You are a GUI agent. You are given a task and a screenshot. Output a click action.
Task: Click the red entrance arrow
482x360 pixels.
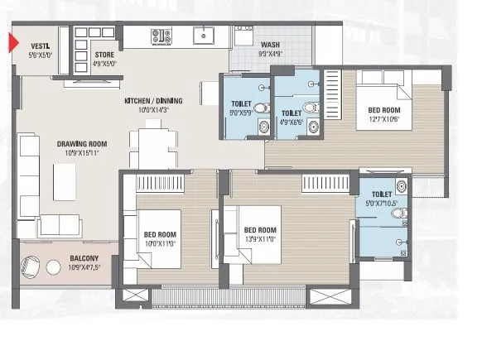(x=13, y=41)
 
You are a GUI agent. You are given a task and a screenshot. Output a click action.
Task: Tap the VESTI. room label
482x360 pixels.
(x=41, y=46)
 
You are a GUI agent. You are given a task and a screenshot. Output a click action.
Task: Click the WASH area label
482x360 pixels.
(x=270, y=46)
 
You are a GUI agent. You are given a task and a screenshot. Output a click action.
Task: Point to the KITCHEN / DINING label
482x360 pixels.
(x=153, y=101)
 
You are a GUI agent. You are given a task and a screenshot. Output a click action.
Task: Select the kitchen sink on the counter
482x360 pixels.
(x=203, y=36)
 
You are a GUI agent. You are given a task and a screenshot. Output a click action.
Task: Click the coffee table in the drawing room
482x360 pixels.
(x=65, y=179)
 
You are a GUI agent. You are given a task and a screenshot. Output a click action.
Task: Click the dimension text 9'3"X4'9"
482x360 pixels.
(x=270, y=55)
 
